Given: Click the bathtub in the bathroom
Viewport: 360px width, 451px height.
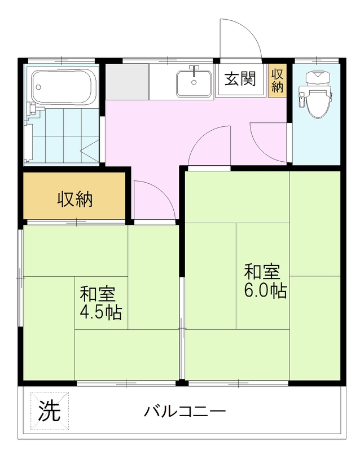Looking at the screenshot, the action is pos(63,86).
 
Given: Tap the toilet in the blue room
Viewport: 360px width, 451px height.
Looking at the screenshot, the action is pos(317,95).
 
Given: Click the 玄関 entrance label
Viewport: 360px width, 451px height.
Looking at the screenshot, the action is pos(240,78).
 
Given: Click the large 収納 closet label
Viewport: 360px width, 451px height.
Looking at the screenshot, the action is pos(75,199).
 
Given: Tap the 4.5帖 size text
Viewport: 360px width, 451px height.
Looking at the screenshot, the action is pos(101,312).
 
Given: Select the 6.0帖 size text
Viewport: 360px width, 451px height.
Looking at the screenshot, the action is pos(265,290).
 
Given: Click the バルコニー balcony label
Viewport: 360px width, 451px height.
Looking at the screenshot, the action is pos(185,412).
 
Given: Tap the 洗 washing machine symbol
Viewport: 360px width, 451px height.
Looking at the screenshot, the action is pos(50,410).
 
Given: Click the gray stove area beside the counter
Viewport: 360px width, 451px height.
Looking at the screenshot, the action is pos(127,82).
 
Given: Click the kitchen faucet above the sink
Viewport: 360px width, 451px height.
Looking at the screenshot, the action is pos(195,70).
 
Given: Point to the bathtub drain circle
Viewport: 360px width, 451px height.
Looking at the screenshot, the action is pos(38,87).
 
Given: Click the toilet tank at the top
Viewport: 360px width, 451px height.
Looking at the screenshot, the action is pos(317,78).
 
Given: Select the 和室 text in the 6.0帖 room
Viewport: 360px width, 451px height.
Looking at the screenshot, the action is pos(262,272).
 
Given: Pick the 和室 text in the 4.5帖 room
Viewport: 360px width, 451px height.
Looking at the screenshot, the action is pos(98,294).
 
